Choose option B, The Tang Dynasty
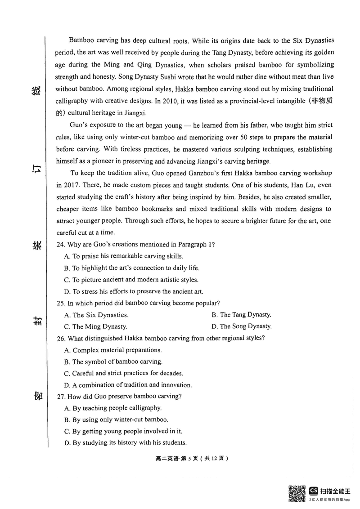tap(241, 315)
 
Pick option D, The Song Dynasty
tap(241, 326)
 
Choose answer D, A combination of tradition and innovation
tap(128, 385)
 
